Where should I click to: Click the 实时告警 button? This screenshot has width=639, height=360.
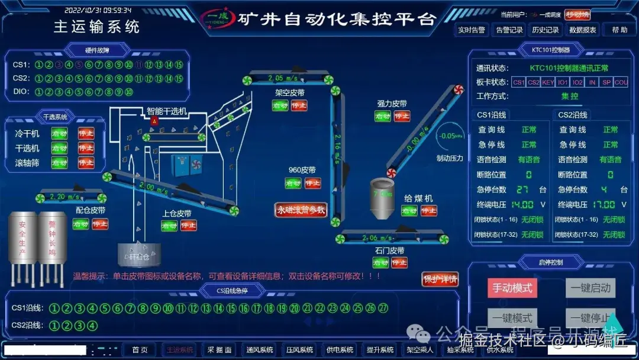click(x=472, y=30)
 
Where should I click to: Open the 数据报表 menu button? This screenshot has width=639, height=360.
click(x=583, y=30)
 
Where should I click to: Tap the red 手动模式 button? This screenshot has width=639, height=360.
click(x=512, y=288)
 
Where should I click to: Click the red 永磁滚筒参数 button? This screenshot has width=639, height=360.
click(x=301, y=210)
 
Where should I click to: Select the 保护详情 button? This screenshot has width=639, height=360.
click(x=440, y=279)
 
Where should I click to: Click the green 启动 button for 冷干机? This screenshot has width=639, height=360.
click(x=59, y=134)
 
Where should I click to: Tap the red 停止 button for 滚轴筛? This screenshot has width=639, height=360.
click(x=86, y=162)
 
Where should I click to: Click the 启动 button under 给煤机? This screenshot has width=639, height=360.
click(x=409, y=211)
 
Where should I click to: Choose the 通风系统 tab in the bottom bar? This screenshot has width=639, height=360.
click(x=260, y=350)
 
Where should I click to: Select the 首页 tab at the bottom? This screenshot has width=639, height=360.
click(x=140, y=350)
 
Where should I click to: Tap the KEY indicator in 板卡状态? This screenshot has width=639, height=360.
click(x=548, y=82)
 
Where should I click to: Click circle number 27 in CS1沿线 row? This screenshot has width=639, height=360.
click(x=383, y=308)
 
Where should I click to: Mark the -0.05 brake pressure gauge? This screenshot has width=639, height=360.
click(x=447, y=136)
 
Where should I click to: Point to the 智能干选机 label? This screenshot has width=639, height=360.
click(x=167, y=111)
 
